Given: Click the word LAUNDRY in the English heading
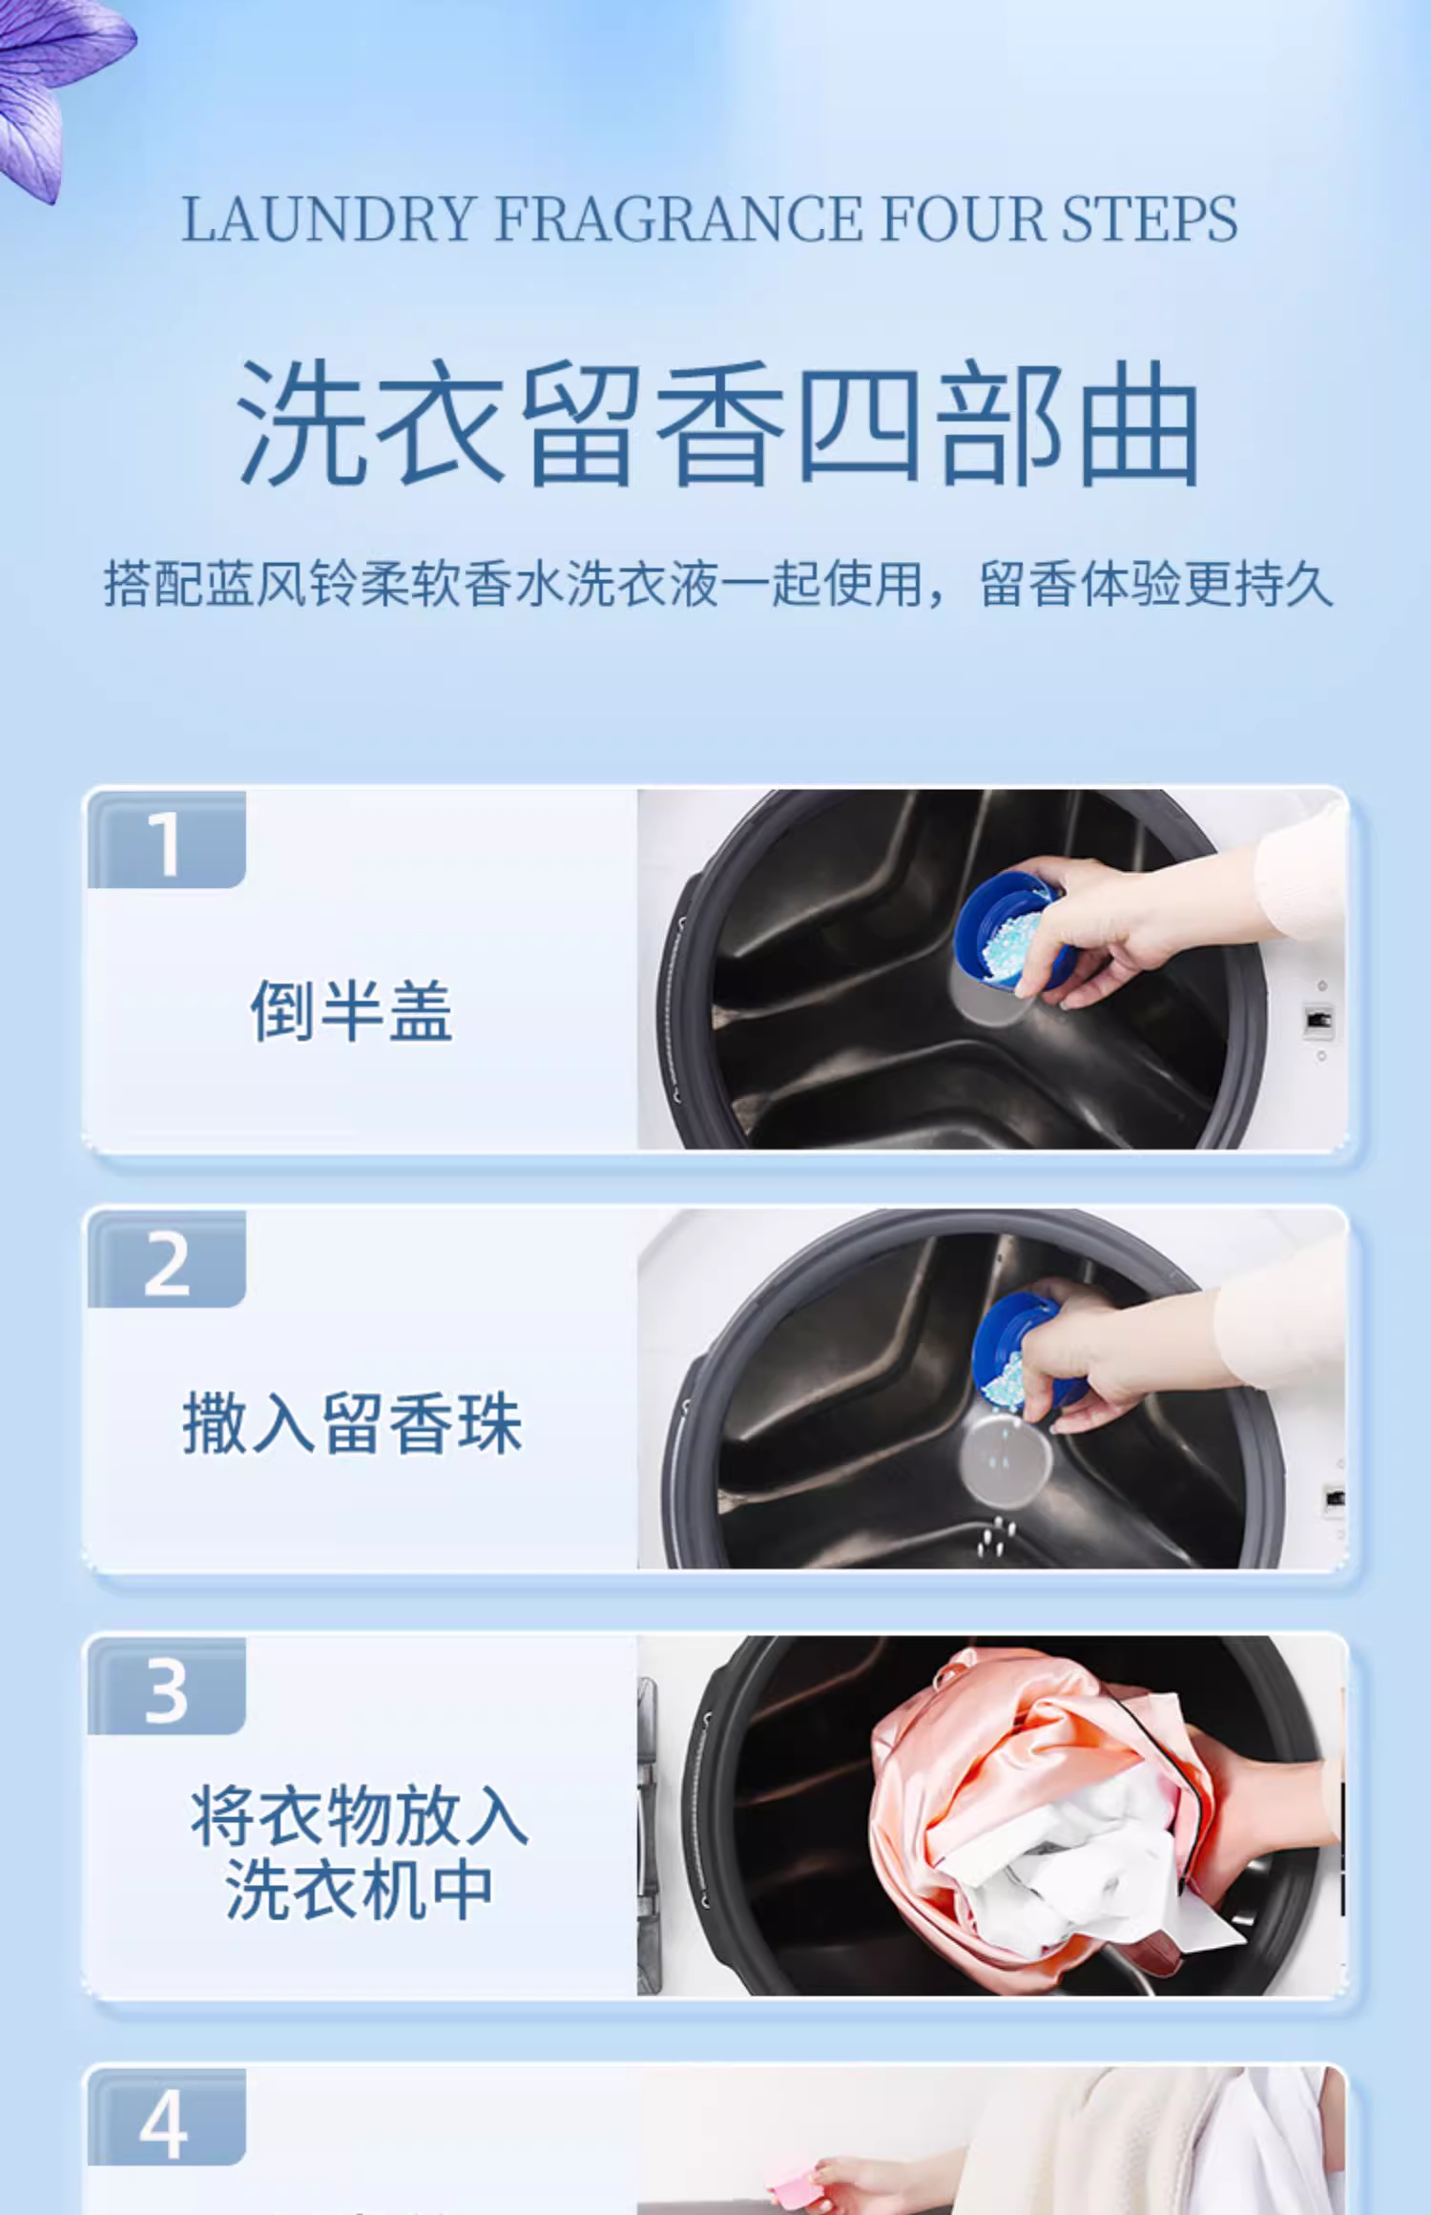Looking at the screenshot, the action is point(329,219).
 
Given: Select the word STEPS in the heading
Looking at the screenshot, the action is point(1150,219).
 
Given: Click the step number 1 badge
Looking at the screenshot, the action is point(167,840).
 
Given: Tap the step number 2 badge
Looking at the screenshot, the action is point(167,1260).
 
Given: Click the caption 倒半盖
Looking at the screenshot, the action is point(351,1010).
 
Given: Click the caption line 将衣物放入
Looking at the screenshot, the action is point(359,1815).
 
